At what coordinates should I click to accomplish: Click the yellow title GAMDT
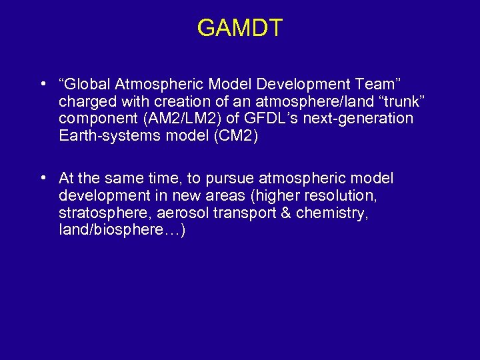(x=240, y=28)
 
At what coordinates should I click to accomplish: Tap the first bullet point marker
(x=43, y=84)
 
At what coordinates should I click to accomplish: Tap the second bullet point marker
(x=43, y=179)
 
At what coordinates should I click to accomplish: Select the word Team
(x=377, y=85)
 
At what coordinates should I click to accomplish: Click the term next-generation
(x=355, y=119)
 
